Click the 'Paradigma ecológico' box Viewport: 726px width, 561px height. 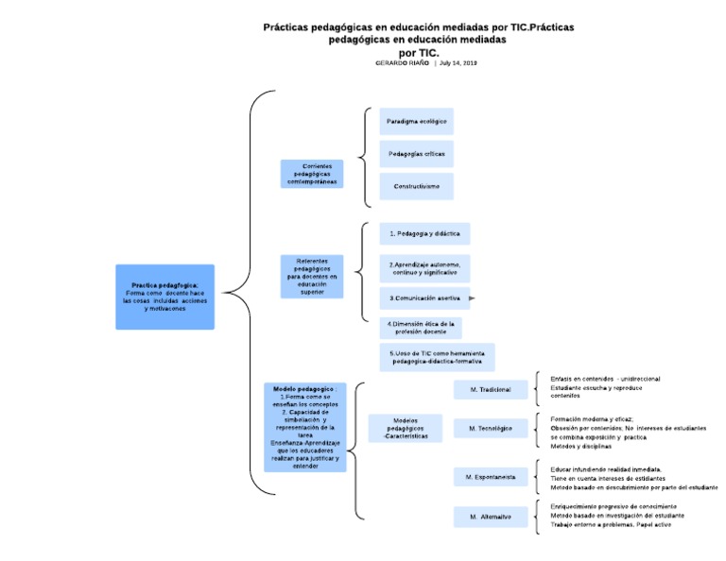(x=416, y=122)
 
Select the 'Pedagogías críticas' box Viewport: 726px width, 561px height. (x=416, y=154)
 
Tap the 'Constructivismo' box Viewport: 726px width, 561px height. (x=416, y=186)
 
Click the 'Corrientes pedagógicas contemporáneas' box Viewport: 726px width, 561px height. (x=311, y=174)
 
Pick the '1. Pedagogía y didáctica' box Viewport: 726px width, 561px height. (x=424, y=233)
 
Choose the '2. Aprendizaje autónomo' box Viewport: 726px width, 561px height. (x=424, y=267)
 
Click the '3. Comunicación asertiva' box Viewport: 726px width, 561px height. (x=424, y=297)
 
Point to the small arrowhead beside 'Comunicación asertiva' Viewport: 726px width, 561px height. (x=472, y=297)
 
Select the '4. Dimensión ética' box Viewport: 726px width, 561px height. (x=422, y=328)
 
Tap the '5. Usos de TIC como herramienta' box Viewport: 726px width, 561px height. (x=437, y=357)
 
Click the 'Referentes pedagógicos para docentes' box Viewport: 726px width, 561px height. (x=311, y=276)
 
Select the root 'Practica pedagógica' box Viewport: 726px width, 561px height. (x=165, y=297)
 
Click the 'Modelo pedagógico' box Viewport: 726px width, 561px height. (x=304, y=427)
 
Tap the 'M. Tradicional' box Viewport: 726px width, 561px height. (x=490, y=389)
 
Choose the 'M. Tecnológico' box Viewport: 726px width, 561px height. (x=490, y=429)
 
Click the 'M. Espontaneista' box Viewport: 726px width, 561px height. (x=490, y=478)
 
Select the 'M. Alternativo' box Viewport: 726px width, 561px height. (x=490, y=517)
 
